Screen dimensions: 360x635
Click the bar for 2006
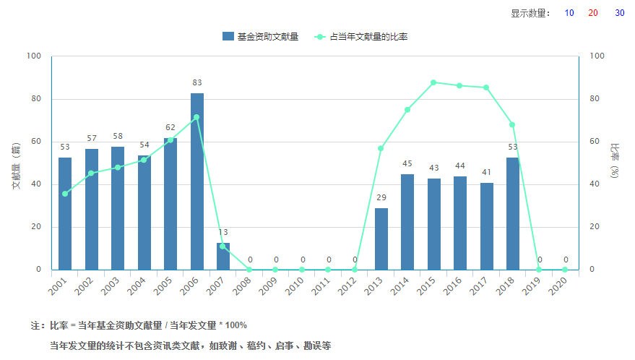pyautogui.click(x=197, y=181)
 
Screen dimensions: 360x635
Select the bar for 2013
pyautogui.click(x=381, y=239)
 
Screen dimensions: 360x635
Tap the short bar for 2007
pyautogui.click(x=223, y=257)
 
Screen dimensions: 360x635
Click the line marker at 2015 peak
pyautogui.click(x=433, y=82)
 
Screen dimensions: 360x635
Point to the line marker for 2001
pyautogui.click(x=65, y=194)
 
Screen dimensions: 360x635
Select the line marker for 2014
pyautogui.click(x=407, y=110)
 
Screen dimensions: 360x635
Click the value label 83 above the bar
pyautogui.click(x=197, y=82)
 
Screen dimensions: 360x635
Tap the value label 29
pyautogui.click(x=381, y=197)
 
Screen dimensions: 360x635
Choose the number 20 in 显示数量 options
pyautogui.click(x=593, y=13)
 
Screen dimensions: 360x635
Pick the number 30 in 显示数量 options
pyautogui.click(x=620, y=13)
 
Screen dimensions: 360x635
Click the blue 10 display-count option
pyautogui.click(x=569, y=13)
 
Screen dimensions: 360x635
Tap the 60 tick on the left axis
pyautogui.click(x=35, y=142)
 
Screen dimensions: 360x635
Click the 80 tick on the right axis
pyautogui.click(x=597, y=99)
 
